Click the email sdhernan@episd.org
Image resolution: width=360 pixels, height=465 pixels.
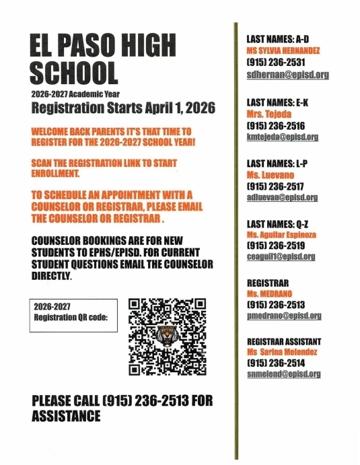click(287, 75)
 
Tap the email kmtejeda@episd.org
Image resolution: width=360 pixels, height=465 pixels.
click(283, 137)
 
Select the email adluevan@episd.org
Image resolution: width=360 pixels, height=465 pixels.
click(283, 197)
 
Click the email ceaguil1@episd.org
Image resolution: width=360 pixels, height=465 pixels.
click(281, 256)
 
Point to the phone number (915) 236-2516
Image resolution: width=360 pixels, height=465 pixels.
click(276, 125)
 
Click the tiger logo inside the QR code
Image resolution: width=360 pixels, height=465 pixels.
click(167, 335)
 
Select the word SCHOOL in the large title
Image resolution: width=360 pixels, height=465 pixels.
click(74, 72)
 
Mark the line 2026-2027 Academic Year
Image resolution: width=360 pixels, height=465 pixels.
click(75, 94)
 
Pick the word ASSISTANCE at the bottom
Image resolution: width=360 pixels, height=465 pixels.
click(66, 417)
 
